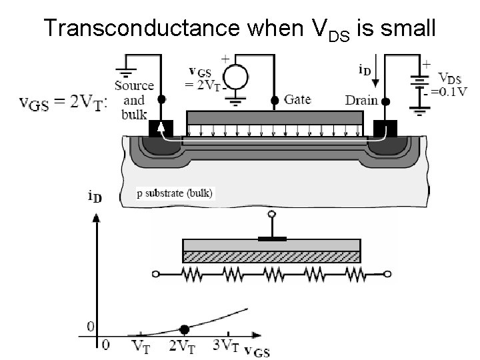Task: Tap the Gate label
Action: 297,99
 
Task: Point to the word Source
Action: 134,85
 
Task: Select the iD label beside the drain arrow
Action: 366,69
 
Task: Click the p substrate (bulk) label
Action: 174,194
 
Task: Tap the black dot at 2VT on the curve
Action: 184,329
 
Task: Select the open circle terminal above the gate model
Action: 271,215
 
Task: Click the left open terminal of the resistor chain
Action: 156,273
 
